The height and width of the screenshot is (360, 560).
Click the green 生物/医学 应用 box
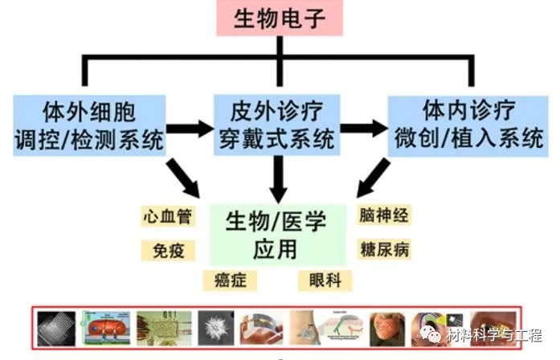tap(276, 235)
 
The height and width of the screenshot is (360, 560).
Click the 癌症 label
tap(230, 280)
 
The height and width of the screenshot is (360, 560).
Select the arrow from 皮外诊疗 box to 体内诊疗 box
tap(366, 128)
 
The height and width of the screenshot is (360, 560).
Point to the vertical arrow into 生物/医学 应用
tap(278, 178)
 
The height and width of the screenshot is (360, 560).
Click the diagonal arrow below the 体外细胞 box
tap(183, 178)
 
